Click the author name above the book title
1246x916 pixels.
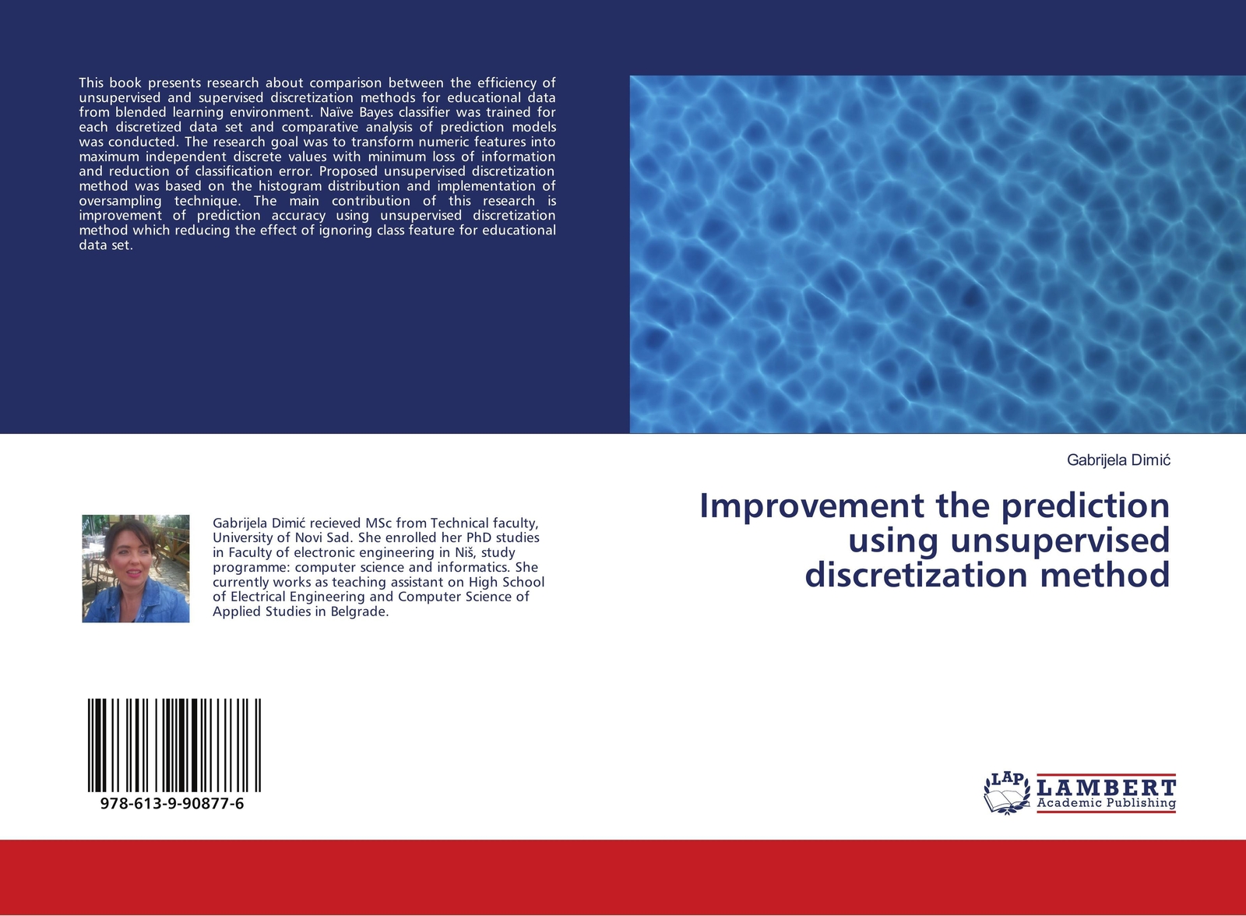1118,460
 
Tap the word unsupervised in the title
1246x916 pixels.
1061,541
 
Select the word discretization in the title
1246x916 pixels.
918,575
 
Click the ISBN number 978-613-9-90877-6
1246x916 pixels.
172,804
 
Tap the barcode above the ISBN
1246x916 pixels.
174,745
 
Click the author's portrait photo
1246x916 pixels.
136,568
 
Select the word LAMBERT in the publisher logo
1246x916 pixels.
1107,787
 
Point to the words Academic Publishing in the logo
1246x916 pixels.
1107,803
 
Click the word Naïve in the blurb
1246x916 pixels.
338,112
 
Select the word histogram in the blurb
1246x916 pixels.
290,186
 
